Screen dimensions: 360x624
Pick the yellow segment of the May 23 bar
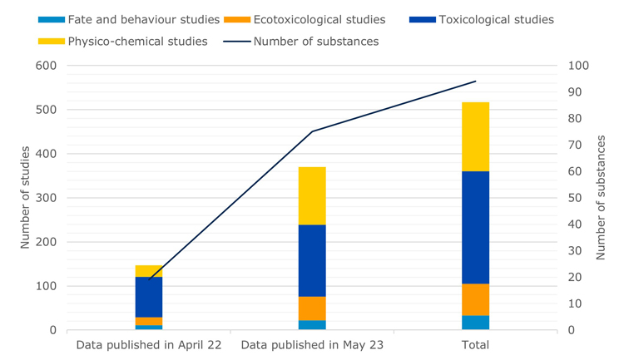coord(312,195)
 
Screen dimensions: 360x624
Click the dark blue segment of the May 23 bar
coord(312,260)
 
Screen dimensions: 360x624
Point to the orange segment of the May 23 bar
coord(312,308)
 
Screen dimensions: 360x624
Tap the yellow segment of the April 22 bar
coord(149,271)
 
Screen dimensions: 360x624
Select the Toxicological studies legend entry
coord(483,19)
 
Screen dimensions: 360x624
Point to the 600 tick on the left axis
coord(46,66)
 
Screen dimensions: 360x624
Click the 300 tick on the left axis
coord(46,198)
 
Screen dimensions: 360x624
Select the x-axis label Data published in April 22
coord(149,345)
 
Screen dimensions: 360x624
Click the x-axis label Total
coord(475,345)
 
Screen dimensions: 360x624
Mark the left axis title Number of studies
coord(25,198)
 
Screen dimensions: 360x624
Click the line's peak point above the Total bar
coord(475,81)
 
